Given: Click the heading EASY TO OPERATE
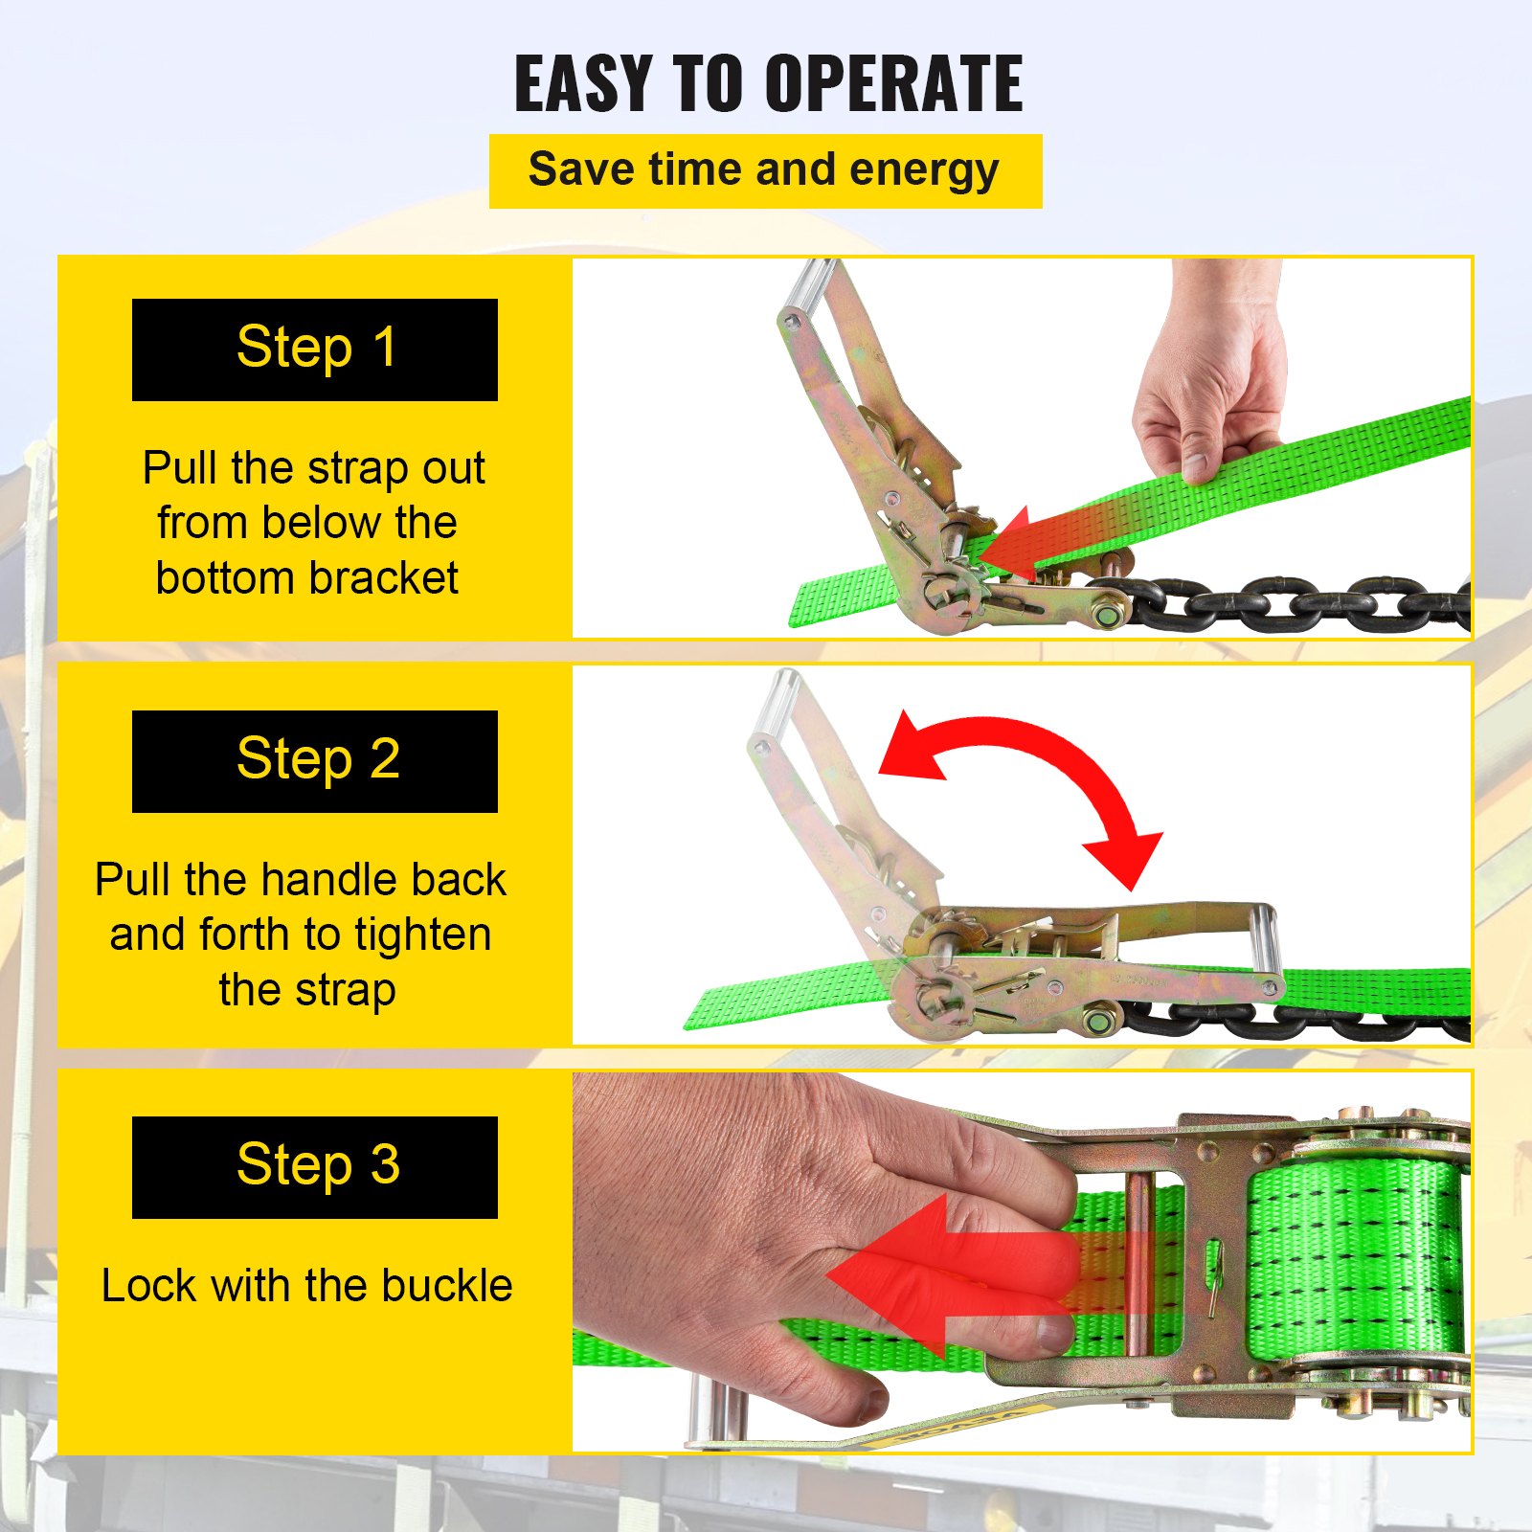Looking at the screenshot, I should (x=768, y=84).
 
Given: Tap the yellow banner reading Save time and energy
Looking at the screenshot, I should (x=764, y=171).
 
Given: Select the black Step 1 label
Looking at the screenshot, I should (x=314, y=349).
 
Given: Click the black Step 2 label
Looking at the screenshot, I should (x=314, y=761).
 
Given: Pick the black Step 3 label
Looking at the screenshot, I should (x=314, y=1167).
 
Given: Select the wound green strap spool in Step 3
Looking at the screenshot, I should (x=1355, y=1254).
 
